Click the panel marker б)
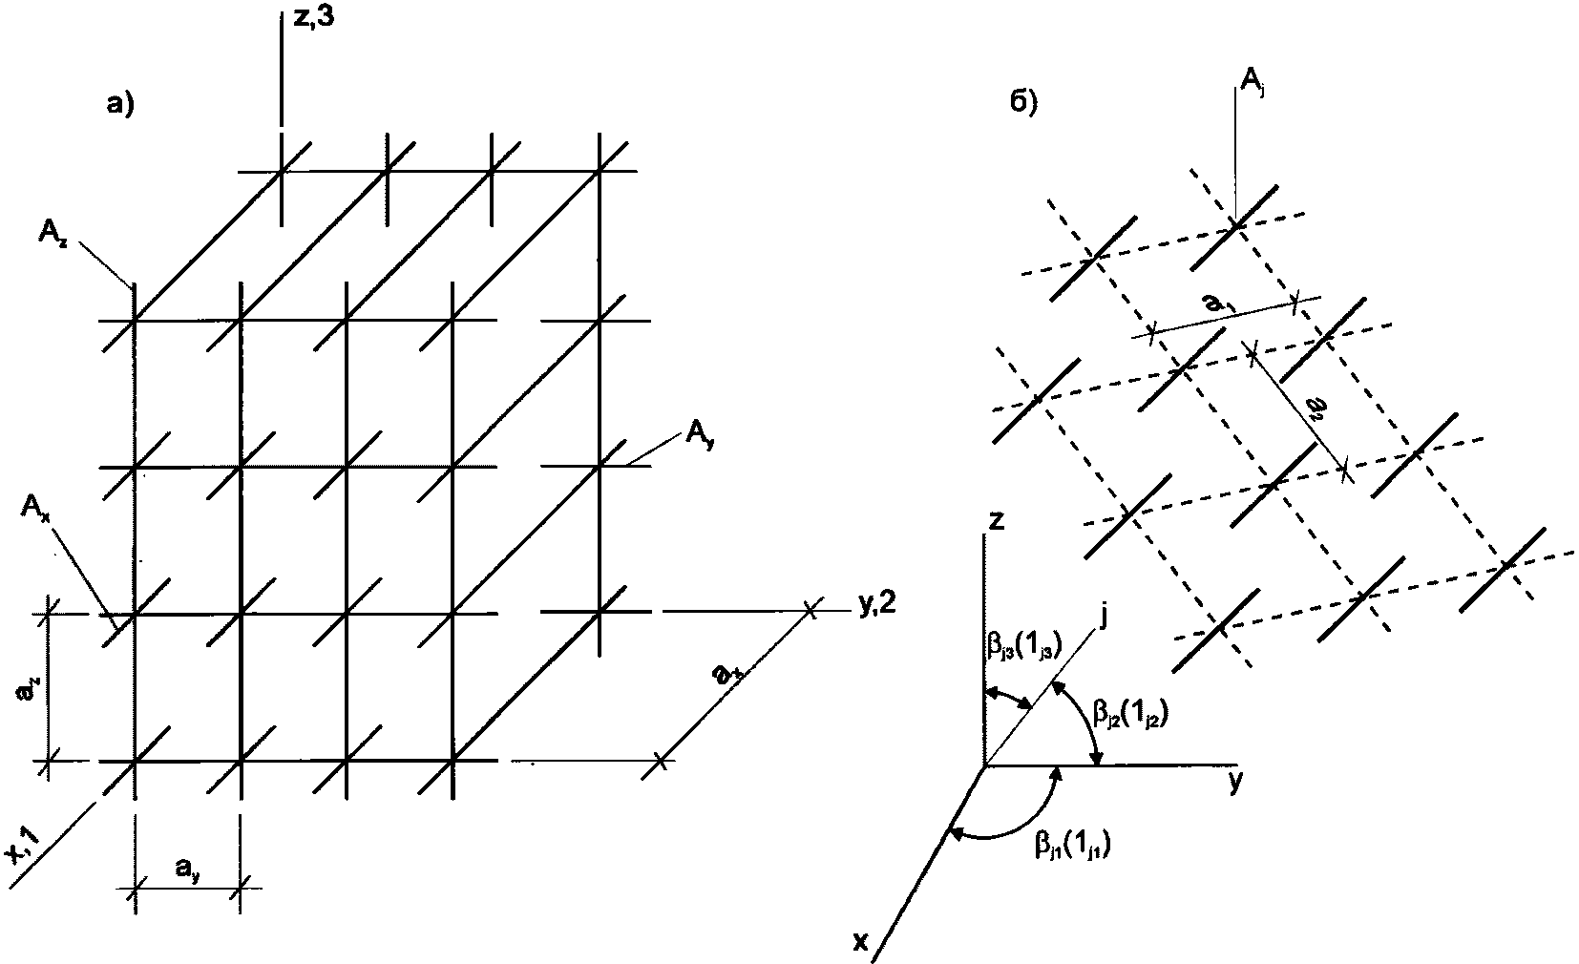tap(1023, 103)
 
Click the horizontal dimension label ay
tap(187, 867)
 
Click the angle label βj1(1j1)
tap(1073, 843)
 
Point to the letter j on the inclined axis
tap(1103, 618)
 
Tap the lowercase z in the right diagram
tap(996, 521)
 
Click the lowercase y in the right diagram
tap(1235, 782)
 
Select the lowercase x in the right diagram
tap(860, 942)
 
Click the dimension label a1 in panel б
tap(1212, 304)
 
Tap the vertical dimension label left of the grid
tap(28, 687)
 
